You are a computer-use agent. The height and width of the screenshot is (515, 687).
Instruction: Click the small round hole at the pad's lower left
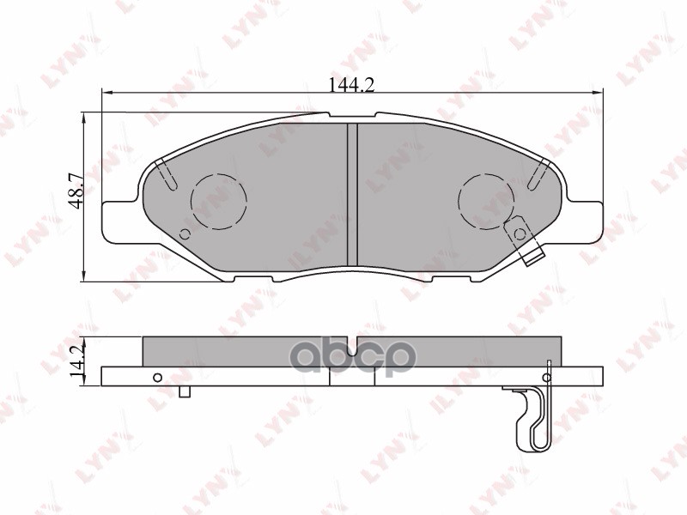point(185,234)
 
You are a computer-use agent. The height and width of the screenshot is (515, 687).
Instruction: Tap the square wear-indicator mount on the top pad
point(518,231)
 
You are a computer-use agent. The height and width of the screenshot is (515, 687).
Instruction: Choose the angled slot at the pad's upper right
point(539,175)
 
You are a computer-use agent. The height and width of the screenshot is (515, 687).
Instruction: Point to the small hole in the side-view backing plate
point(156,378)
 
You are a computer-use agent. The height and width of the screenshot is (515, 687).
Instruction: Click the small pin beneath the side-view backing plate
point(184,392)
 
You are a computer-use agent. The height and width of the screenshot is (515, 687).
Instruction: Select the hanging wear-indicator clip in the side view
point(534,416)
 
